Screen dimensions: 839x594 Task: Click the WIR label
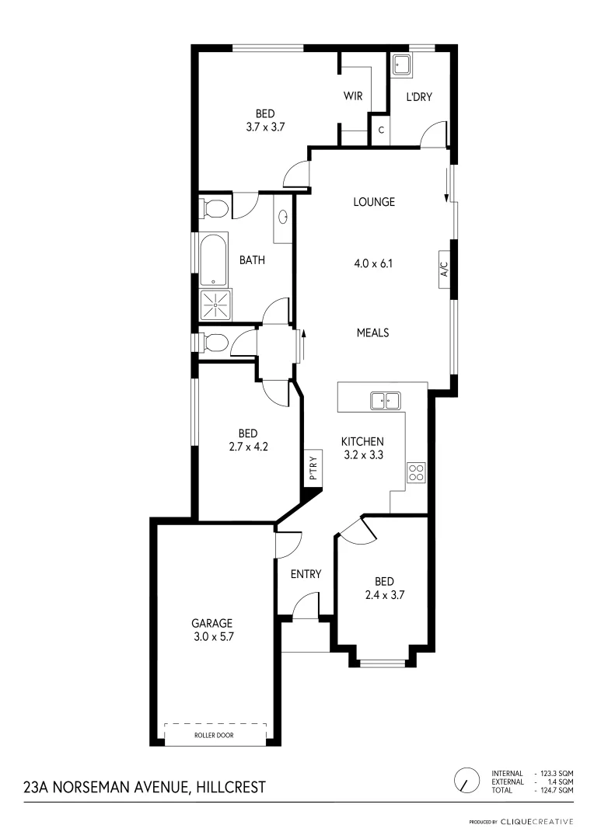[x=355, y=97]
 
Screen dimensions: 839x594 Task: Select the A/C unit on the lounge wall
[x=445, y=270]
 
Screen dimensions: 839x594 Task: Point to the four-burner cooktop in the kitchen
[x=416, y=472]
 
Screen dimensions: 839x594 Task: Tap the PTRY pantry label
[x=313, y=470]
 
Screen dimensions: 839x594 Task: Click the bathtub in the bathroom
[x=214, y=259]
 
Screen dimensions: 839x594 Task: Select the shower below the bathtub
[x=214, y=305]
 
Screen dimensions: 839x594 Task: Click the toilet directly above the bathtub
[x=213, y=208]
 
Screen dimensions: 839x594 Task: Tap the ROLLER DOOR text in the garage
[x=215, y=735]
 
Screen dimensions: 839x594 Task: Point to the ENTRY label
[x=306, y=574]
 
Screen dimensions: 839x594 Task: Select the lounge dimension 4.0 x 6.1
[x=373, y=263]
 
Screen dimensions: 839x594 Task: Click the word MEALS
[x=372, y=332]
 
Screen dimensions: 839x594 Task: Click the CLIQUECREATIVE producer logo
[x=536, y=821]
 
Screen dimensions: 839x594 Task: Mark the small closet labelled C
[x=381, y=130]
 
